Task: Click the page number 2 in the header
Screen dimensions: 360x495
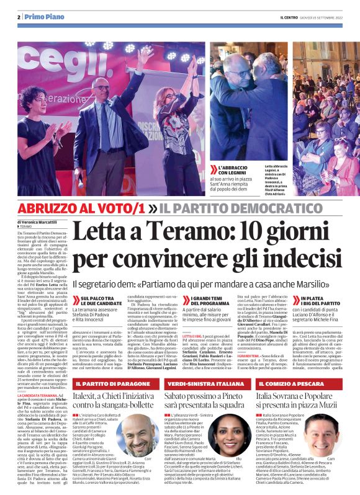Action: coord(19,17)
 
